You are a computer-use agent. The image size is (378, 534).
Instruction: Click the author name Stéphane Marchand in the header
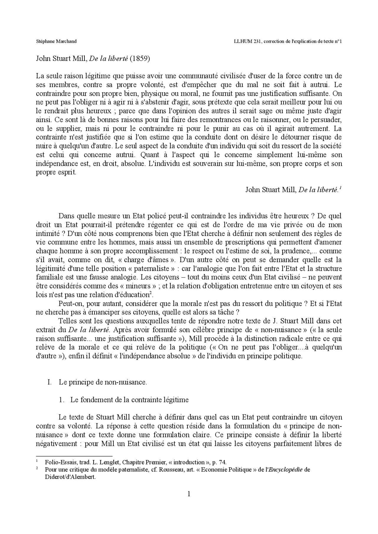56,41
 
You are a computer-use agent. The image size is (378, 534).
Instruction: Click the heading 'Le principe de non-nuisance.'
103,382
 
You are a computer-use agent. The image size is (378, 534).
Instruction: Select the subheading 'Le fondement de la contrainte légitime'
129,400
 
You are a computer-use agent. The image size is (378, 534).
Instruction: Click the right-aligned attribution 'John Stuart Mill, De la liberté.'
293,190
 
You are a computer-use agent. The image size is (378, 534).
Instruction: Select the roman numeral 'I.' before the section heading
49,382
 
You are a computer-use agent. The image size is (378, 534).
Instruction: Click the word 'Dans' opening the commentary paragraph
66,216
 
